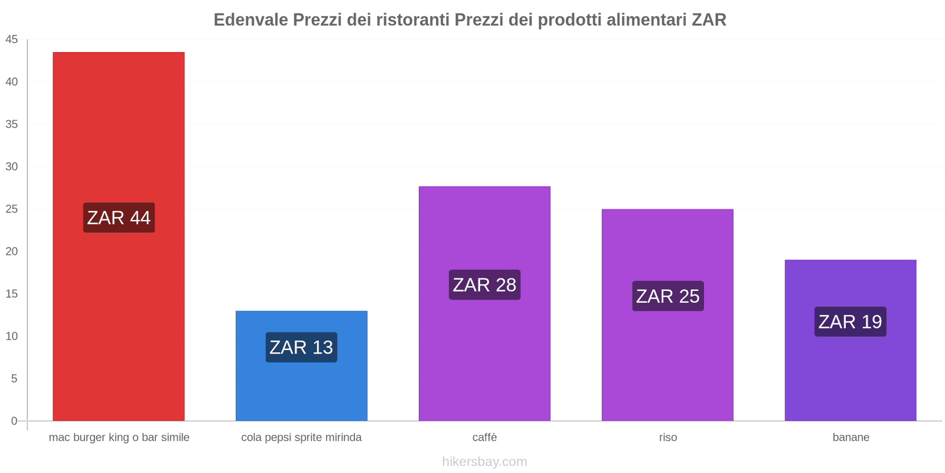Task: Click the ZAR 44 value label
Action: coord(119,218)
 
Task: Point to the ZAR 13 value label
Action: coord(301,347)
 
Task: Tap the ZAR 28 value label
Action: coord(484,284)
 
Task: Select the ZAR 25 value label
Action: coord(667,296)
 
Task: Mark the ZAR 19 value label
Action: coord(850,322)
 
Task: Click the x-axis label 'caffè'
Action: coord(484,438)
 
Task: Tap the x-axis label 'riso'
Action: coord(668,438)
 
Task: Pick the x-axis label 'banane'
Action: coord(850,438)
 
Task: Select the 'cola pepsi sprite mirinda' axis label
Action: coord(301,438)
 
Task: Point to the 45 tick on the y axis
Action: coord(12,40)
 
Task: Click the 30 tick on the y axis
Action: coord(12,167)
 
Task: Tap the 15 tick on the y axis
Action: coord(12,294)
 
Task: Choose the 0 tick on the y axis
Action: coord(14,421)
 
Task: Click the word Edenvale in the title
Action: coord(250,20)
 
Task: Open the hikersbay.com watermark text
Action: coord(484,462)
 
